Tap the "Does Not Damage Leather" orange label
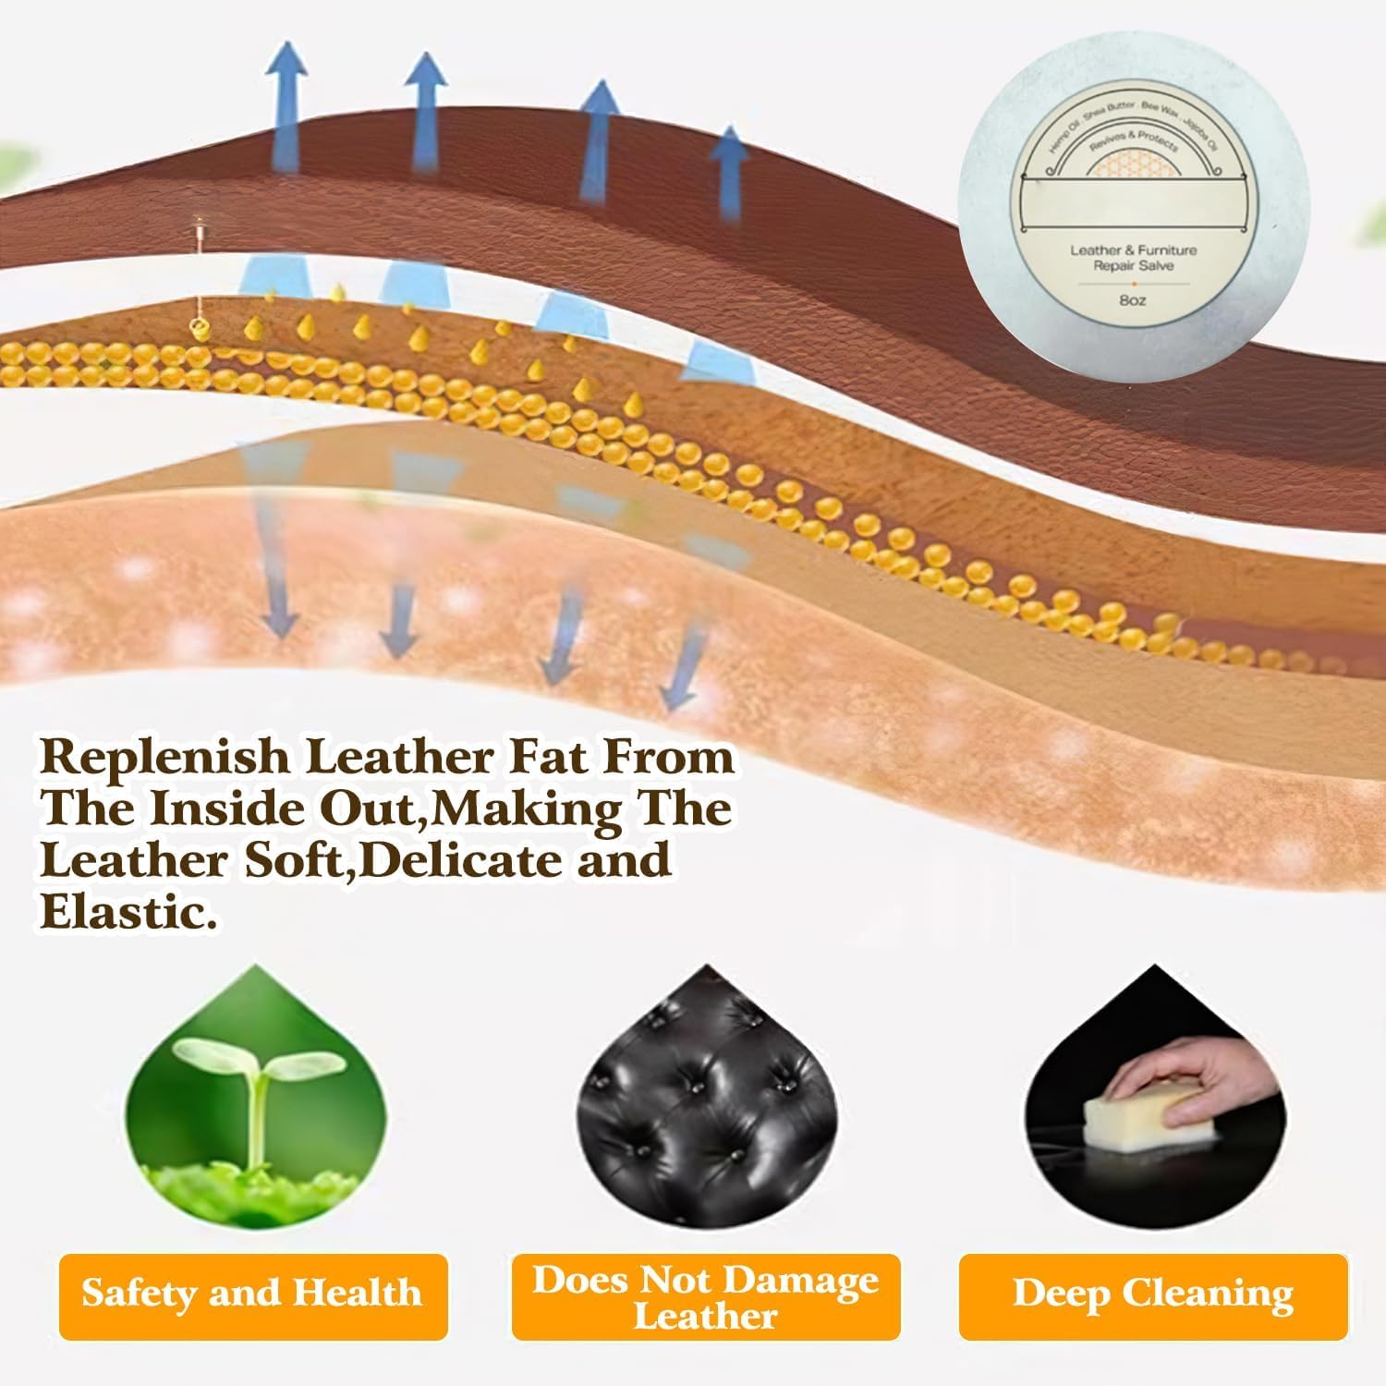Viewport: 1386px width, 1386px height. (x=706, y=1296)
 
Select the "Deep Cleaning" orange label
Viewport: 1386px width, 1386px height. (x=1153, y=1295)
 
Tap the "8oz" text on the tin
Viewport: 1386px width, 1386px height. (x=1132, y=300)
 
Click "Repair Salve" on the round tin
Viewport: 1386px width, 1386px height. (x=1133, y=266)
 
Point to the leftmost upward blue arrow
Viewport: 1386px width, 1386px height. (x=287, y=102)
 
